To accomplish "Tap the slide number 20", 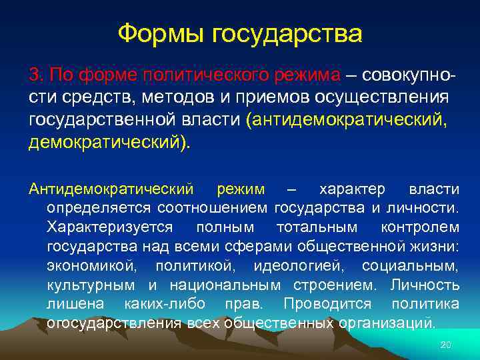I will pos(447,345).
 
